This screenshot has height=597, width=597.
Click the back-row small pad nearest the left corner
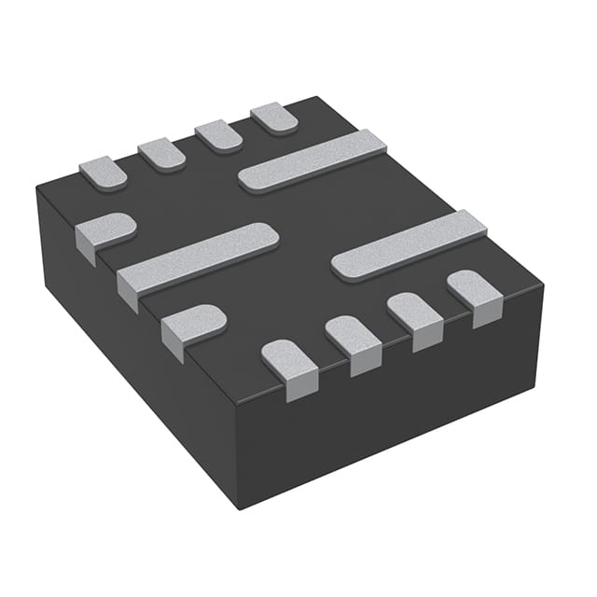[103, 173]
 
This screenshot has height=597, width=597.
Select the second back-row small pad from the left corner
[162, 154]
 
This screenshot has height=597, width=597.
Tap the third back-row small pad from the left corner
[218, 136]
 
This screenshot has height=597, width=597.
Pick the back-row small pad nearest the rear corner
[274, 118]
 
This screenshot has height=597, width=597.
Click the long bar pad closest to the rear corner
[312, 160]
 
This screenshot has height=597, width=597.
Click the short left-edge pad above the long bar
[104, 230]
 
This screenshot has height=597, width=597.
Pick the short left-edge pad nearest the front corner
[192, 324]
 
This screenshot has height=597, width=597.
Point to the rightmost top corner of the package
[544, 285]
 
